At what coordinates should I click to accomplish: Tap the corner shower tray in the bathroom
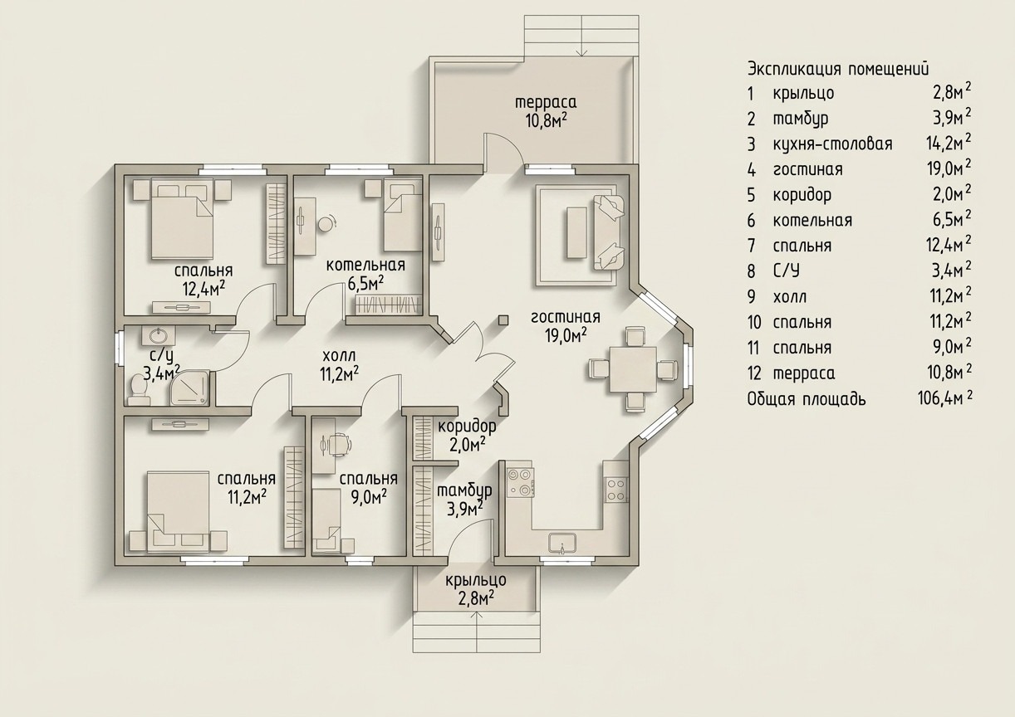190,388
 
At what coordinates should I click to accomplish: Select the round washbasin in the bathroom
158,335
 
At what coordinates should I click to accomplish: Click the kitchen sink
562,543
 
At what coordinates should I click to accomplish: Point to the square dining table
633,369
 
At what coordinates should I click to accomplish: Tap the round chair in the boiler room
326,223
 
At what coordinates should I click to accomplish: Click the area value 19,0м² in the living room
566,336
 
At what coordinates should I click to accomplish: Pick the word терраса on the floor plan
546,102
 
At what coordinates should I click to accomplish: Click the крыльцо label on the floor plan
476,580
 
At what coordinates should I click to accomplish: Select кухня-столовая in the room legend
833,144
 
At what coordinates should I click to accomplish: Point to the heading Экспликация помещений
838,70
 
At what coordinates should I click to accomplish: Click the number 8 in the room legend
751,271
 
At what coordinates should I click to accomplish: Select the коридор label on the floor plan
467,427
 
